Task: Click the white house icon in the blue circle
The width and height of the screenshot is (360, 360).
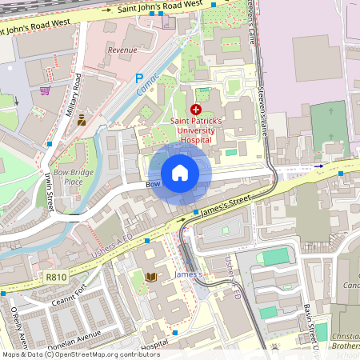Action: tap(180, 173)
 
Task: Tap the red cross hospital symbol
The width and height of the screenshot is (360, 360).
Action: tap(196, 109)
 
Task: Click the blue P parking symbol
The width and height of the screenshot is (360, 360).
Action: tap(138, 78)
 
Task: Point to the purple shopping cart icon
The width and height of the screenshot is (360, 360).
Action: tap(45, 90)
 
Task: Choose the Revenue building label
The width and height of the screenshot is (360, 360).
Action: tap(122, 50)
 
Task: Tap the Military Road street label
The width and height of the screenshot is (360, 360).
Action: tap(77, 97)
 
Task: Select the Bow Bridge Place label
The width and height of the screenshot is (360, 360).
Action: tap(79, 178)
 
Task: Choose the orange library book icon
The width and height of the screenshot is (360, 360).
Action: tap(152, 277)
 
